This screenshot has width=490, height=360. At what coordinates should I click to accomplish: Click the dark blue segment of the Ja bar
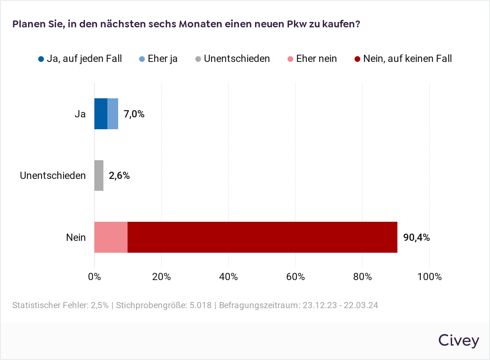tap(101, 114)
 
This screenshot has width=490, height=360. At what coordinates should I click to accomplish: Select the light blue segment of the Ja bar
tap(113, 114)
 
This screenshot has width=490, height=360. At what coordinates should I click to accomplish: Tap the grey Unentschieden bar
tap(99, 175)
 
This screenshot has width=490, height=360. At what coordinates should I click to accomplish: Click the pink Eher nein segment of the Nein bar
tap(111, 237)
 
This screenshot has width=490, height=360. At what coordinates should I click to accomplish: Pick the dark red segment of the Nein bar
tap(262, 237)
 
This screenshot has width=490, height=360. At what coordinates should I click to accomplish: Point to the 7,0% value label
tap(134, 114)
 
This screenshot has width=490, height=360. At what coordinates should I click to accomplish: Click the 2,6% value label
tap(119, 176)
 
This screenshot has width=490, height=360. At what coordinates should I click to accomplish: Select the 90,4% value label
tap(416, 238)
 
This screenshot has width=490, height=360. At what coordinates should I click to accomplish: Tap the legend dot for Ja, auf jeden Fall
tap(41, 59)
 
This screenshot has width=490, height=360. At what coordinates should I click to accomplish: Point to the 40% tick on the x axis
tap(228, 277)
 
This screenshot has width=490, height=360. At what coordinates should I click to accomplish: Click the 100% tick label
tap(429, 277)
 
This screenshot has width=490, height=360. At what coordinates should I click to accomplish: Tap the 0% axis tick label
tap(94, 277)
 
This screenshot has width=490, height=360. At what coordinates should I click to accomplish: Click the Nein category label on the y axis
tap(76, 238)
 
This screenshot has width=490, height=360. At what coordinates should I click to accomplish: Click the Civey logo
tap(459, 341)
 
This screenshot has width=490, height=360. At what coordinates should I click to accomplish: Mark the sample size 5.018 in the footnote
tap(201, 305)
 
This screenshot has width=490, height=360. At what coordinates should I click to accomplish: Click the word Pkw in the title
tap(297, 24)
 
